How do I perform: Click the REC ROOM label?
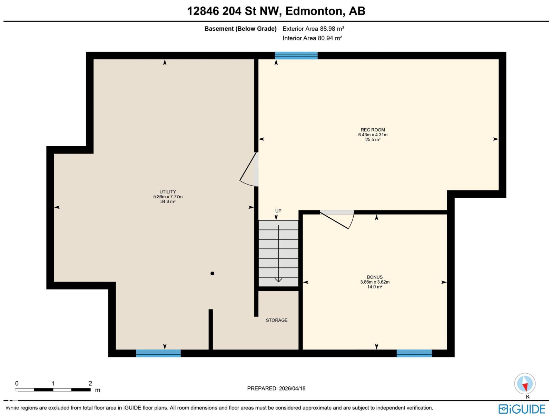(373, 130)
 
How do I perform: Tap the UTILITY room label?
(168, 192)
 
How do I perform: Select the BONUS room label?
(375, 277)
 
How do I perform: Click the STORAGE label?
(276, 320)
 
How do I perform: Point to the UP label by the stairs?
(278, 211)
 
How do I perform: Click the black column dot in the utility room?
(213, 274)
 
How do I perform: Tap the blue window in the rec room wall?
(296, 56)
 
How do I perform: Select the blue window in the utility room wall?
(158, 353)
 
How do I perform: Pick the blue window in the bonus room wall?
(414, 353)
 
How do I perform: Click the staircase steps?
(278, 253)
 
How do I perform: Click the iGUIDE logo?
(522, 408)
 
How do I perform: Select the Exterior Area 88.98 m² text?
(313, 29)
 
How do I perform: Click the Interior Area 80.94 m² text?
(312, 38)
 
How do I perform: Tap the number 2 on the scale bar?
(90, 383)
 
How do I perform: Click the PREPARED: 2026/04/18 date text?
(276, 388)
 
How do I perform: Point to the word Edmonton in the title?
(315, 11)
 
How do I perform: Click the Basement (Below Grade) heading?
(240, 29)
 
